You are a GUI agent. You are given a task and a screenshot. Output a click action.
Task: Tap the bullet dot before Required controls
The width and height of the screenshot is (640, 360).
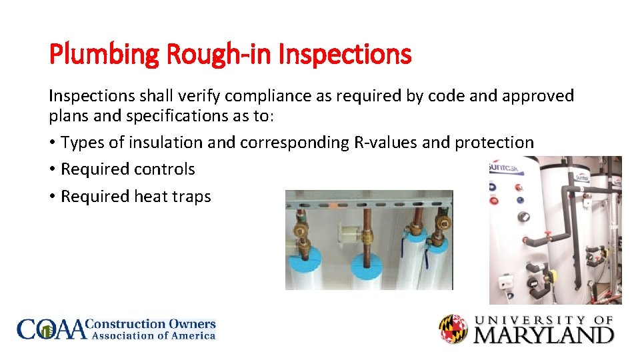pyautogui.click(x=53, y=170)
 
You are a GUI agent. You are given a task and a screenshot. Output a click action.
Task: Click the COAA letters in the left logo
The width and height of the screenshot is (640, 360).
pyautogui.click(x=52, y=330)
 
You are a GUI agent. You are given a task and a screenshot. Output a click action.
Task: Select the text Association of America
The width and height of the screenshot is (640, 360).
pyautogui.click(x=153, y=336)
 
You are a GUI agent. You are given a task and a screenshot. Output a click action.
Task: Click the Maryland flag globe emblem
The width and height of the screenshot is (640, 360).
pyautogui.click(x=453, y=329)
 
